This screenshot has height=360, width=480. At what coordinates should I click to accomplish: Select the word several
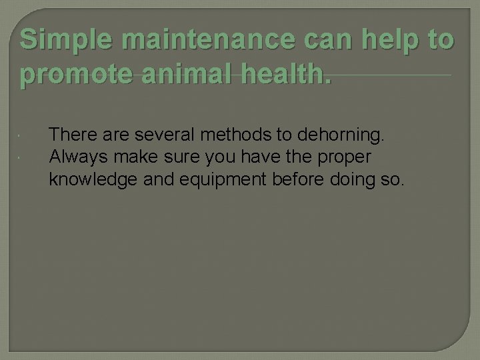point(163,136)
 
